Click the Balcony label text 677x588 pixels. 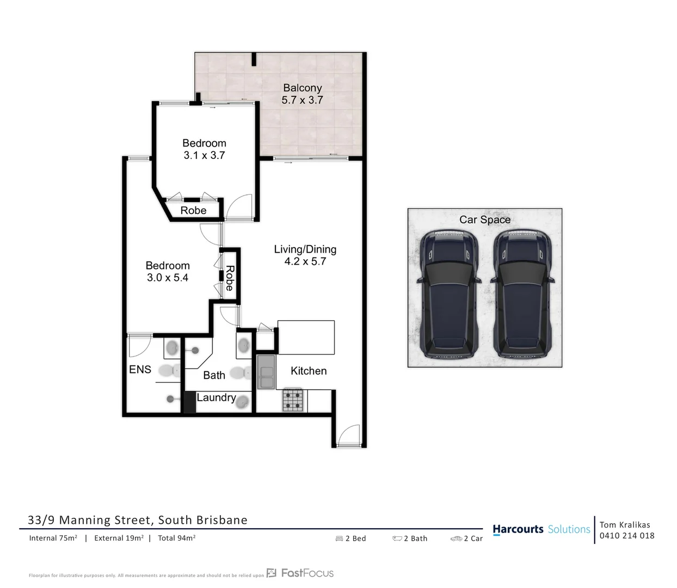(302, 88)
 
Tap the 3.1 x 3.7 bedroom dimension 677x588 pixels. (204, 155)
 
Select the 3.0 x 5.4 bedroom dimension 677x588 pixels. (167, 278)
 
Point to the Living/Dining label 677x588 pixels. (305, 249)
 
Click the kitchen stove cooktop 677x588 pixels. (292, 400)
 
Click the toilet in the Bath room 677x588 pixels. (240, 373)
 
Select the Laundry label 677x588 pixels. (216, 397)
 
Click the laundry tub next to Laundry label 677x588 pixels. (243, 402)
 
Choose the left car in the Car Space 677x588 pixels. (449, 293)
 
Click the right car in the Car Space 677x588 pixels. (522, 293)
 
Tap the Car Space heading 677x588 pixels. (484, 219)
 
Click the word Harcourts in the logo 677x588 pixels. (518, 529)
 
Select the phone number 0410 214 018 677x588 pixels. (627, 536)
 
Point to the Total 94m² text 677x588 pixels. (176, 538)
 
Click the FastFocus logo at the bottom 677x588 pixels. (300, 573)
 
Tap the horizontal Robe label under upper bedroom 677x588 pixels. (193, 210)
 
